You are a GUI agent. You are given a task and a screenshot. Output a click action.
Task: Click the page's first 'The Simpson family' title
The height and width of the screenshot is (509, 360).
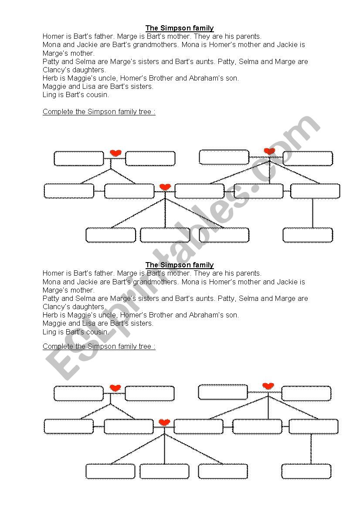(x=180, y=28)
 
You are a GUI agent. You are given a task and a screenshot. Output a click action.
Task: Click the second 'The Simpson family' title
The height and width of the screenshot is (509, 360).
(x=180, y=265)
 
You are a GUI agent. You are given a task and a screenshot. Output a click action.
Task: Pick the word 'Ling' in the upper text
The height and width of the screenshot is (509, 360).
(x=49, y=94)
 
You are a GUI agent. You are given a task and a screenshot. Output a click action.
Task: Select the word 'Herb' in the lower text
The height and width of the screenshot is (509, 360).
(x=50, y=315)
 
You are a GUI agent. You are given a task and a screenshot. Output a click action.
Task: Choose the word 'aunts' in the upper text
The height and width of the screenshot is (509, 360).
(x=204, y=61)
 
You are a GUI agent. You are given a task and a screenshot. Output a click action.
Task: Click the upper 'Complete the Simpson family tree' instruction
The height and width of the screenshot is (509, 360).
(x=99, y=111)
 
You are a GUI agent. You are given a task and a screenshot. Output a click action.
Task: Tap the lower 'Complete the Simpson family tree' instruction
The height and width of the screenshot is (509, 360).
(x=99, y=346)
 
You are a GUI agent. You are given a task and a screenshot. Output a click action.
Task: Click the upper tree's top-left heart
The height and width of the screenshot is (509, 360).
(x=115, y=153)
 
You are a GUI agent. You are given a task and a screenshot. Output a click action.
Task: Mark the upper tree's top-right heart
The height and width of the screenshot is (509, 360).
(x=270, y=151)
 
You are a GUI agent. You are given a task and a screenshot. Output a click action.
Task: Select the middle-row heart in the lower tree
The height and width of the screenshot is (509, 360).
(x=164, y=422)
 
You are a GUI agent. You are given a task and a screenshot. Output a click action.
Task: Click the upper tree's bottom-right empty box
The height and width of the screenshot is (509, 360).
(x=308, y=235)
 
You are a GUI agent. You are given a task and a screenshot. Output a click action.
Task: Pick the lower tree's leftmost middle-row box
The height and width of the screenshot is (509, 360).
(x=68, y=427)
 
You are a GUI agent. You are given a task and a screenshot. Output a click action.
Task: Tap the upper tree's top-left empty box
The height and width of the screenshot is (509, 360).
(x=79, y=158)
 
